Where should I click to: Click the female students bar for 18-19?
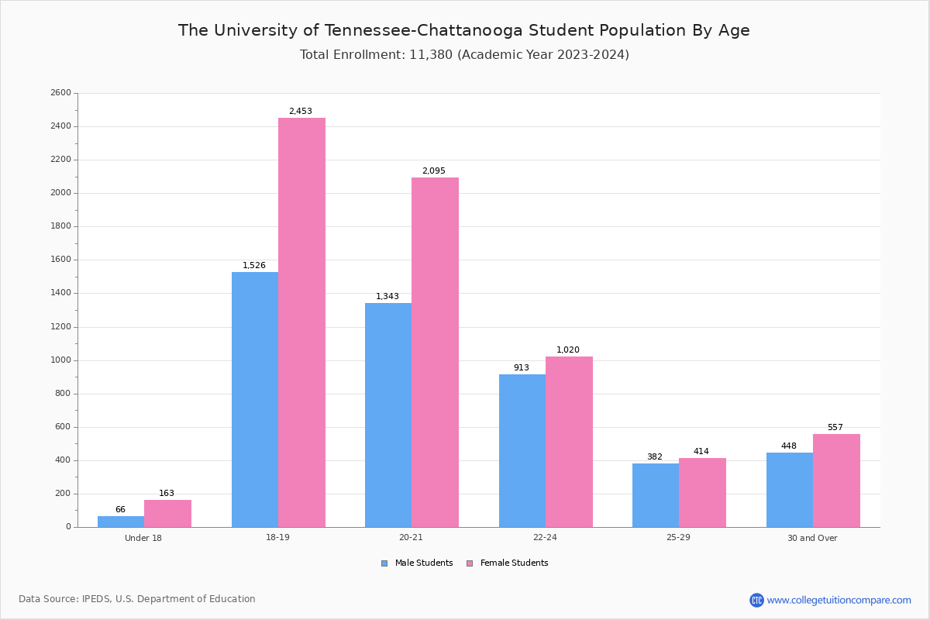(301, 322)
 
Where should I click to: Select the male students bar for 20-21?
(388, 415)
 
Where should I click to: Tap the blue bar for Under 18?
(121, 522)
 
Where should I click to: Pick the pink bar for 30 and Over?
(836, 480)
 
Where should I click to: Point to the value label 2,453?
(301, 112)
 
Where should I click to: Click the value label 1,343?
(387, 297)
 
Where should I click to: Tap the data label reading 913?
(522, 368)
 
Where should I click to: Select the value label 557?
(835, 428)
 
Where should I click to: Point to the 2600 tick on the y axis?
(60, 93)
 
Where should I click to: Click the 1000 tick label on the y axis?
(60, 360)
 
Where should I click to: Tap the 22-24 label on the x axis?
(545, 538)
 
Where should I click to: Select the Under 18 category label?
(143, 538)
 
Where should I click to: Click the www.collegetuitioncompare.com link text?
(839, 600)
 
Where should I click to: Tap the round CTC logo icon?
(756, 600)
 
